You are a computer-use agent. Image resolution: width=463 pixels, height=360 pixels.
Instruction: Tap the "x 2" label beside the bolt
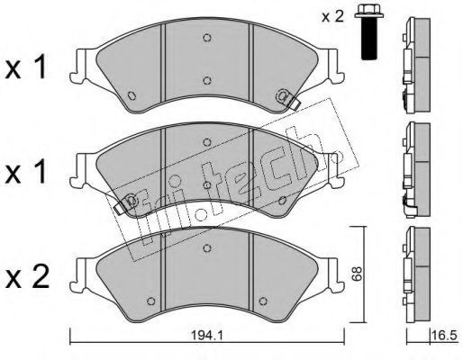pyautogui.click(x=332, y=17)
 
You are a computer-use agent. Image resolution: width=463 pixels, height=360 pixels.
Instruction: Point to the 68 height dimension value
pyautogui.click(x=358, y=274)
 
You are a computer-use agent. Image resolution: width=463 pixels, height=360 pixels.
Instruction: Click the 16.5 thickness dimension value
pyautogui.click(x=444, y=335)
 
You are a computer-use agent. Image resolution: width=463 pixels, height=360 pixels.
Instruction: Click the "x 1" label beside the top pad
pyautogui.click(x=26, y=67)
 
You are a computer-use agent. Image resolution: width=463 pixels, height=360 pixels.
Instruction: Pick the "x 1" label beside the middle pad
pyautogui.click(x=26, y=172)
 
